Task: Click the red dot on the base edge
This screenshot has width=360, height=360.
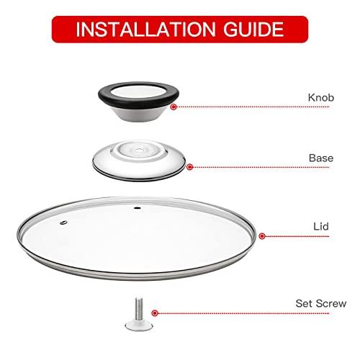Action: pyautogui.click(x=189, y=167)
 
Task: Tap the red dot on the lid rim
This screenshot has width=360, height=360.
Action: pyautogui.click(x=261, y=235)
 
